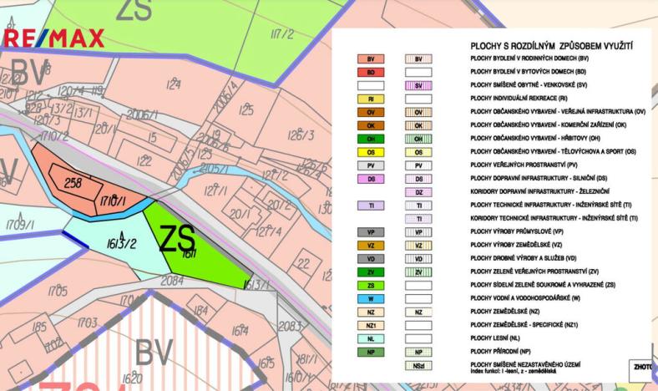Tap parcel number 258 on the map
(73, 181)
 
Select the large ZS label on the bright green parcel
(177, 239)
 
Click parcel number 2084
(172, 282)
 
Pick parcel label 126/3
(301, 135)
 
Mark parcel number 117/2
(283, 34)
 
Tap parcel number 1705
(58, 291)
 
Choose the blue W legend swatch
(369, 298)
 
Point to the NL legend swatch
(369, 338)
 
